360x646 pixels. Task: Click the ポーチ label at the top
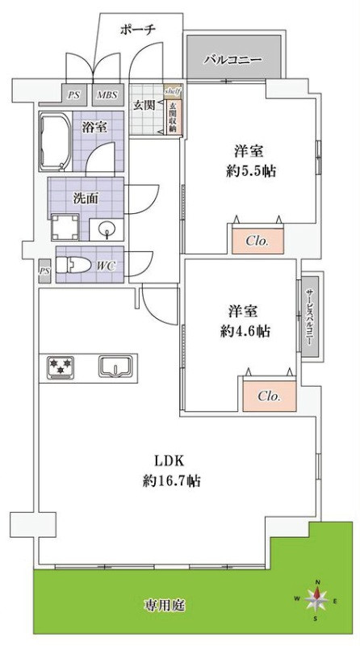137,29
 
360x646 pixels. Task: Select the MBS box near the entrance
107,95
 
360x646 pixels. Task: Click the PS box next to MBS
74,95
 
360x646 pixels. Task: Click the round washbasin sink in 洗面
106,229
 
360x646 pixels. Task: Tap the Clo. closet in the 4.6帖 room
269,396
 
